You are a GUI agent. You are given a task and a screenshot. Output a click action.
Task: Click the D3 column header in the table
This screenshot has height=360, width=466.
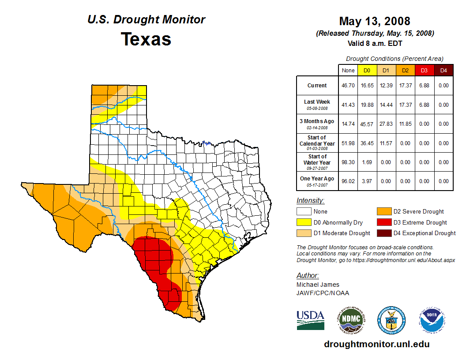(x=424, y=70)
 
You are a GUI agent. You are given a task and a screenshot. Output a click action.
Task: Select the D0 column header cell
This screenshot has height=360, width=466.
(x=367, y=70)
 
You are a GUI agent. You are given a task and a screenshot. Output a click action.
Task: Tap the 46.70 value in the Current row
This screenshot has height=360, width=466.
(x=348, y=86)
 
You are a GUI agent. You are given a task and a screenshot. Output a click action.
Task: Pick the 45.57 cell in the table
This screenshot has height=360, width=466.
(x=367, y=124)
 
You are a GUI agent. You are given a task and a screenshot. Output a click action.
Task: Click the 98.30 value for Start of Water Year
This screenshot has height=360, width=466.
(x=348, y=162)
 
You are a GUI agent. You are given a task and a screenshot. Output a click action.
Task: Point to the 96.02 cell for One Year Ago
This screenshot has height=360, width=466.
(x=348, y=181)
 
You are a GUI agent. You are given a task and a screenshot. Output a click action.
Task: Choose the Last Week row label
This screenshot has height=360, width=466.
(x=317, y=105)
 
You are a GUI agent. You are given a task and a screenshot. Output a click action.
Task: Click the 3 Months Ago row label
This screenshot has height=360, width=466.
(x=317, y=124)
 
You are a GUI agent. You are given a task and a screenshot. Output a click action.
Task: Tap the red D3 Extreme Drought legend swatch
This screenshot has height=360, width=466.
(x=384, y=222)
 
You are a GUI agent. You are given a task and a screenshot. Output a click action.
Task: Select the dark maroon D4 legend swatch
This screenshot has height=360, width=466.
(x=384, y=233)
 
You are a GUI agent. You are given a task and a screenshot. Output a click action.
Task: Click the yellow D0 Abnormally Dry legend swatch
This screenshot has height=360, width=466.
(x=304, y=222)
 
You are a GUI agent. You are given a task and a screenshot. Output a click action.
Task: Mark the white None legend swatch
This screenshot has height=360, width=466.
(x=304, y=212)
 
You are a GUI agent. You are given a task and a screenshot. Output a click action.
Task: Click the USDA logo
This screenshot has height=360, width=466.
(x=310, y=320)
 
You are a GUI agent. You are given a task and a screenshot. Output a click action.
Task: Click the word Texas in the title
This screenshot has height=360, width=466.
(x=146, y=39)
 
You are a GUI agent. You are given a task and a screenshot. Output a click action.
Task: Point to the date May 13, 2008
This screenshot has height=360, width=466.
(x=375, y=21)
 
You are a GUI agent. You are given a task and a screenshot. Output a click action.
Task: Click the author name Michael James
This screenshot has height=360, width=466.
(x=318, y=285)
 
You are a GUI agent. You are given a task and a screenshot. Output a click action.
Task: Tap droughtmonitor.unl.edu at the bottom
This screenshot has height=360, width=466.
(x=376, y=344)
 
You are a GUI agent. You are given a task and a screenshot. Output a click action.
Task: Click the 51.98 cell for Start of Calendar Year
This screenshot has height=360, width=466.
(x=348, y=143)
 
